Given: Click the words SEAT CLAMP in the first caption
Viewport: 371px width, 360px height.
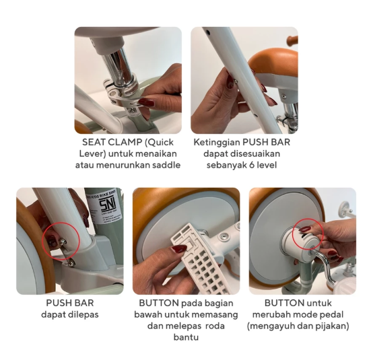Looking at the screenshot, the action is (x=112, y=142).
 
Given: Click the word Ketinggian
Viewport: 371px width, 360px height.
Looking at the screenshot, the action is (x=216, y=143).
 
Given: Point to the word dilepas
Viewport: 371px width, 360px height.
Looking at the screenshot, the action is (x=83, y=315).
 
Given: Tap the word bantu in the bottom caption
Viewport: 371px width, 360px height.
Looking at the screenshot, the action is (x=186, y=337).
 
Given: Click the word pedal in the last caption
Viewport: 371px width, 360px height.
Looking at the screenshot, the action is (x=331, y=315).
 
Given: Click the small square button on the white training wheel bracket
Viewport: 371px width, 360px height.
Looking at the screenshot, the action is (x=189, y=247).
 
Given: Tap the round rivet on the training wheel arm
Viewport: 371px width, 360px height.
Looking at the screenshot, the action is (x=223, y=236).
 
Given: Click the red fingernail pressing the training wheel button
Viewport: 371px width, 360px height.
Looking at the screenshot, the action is (x=179, y=248).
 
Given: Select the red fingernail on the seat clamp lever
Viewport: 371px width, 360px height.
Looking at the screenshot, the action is (x=146, y=102).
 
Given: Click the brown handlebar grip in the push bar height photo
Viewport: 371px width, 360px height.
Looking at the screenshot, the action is (x=292, y=40).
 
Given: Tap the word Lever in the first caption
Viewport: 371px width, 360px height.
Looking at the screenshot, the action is (x=92, y=153).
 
